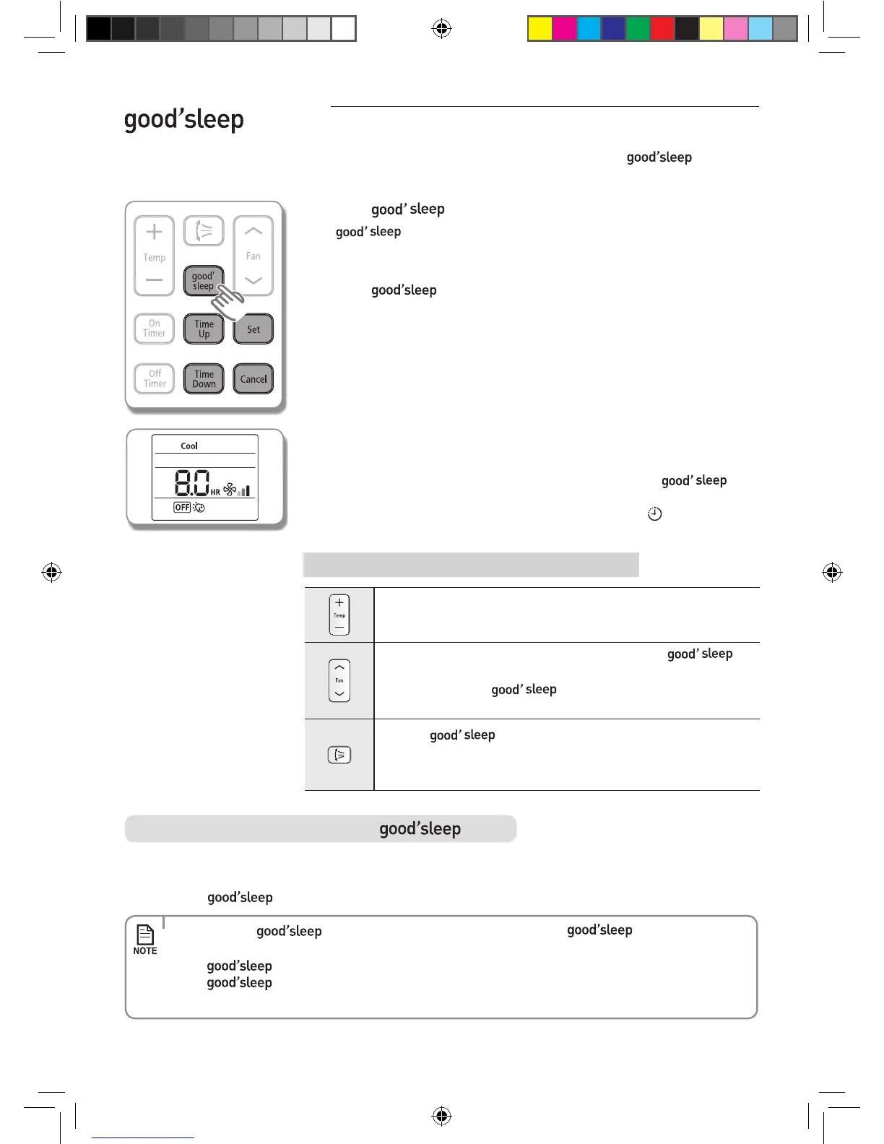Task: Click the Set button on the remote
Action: pyautogui.click(x=253, y=329)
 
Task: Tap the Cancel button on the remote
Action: pyautogui.click(x=253, y=379)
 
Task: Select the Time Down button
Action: pyautogui.click(x=204, y=379)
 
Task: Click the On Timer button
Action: pyautogui.click(x=154, y=329)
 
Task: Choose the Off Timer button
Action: pyautogui.click(x=155, y=378)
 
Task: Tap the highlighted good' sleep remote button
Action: pyautogui.click(x=203, y=281)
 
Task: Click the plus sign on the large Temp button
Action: pyautogui.click(x=154, y=232)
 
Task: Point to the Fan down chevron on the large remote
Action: pyautogui.click(x=253, y=280)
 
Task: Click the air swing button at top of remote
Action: pyautogui.click(x=204, y=231)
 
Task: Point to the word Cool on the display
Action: pyautogui.click(x=189, y=446)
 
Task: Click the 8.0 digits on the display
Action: pyautogui.click(x=192, y=483)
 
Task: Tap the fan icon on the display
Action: pyautogui.click(x=230, y=490)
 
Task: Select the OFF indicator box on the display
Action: pyautogui.click(x=182, y=508)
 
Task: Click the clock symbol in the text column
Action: pyautogui.click(x=654, y=514)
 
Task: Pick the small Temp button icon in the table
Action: pyautogui.click(x=339, y=615)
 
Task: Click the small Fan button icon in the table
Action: pyautogui.click(x=339, y=680)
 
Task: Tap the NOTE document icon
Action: pyautogui.click(x=145, y=935)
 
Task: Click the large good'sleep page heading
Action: pyautogui.click(x=183, y=120)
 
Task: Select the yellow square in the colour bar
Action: pyautogui.click(x=539, y=29)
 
